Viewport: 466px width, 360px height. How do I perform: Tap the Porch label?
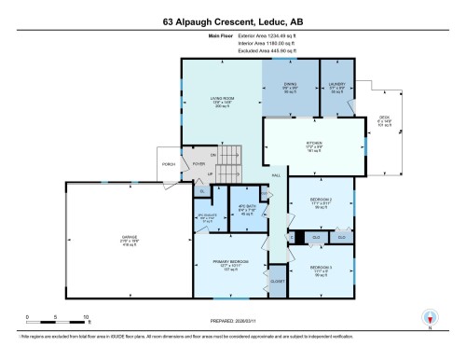click(168, 164)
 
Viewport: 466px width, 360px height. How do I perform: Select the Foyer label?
click(198, 164)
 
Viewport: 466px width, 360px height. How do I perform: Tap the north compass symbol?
click(429, 317)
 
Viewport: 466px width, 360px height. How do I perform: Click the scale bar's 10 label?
click(86, 318)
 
